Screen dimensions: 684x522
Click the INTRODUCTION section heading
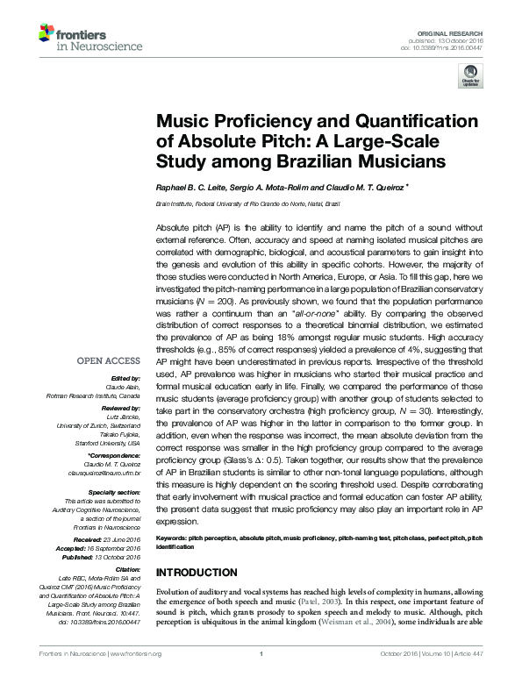(x=203, y=572)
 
